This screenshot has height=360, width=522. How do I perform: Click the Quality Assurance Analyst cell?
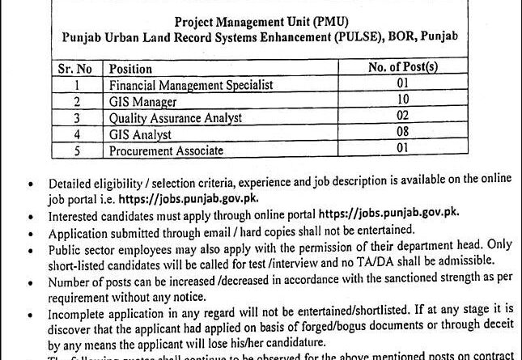(175, 117)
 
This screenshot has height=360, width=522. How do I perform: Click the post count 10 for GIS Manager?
(403, 100)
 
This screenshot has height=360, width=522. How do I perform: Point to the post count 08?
(403, 133)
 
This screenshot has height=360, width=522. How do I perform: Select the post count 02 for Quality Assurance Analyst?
(403, 116)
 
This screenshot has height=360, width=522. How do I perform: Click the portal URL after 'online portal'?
(390, 213)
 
